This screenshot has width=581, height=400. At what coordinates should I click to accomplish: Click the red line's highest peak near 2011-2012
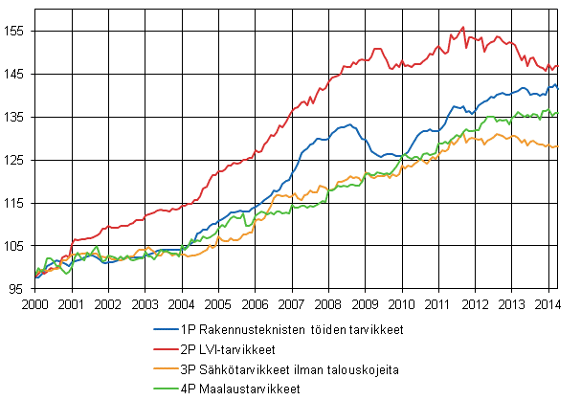tap(463, 28)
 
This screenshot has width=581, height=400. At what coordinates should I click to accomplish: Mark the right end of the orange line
tap(558, 145)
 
